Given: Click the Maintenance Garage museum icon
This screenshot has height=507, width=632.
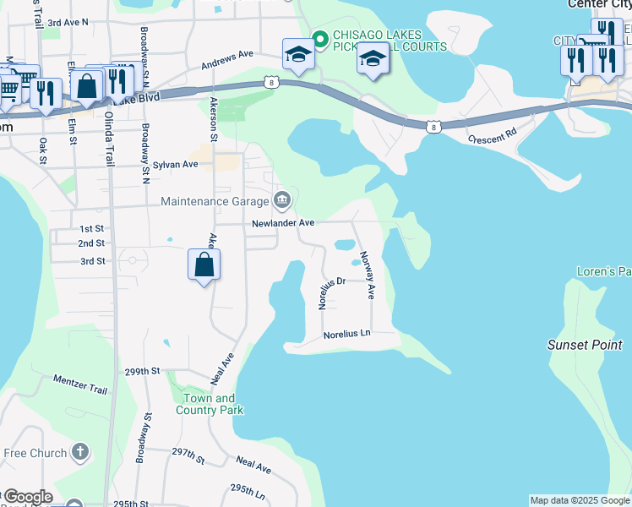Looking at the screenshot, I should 282,201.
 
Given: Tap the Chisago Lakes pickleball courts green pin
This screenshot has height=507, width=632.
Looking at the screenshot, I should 319,37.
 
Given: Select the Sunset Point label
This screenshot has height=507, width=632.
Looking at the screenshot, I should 584,345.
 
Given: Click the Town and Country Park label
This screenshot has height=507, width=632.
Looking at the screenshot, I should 210,404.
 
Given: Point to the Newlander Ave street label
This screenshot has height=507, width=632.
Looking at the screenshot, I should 283,222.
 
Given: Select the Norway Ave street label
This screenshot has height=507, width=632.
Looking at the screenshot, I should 368,275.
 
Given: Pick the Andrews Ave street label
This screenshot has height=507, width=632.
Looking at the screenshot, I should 227,60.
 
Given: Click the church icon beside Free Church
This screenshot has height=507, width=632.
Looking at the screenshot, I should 80,453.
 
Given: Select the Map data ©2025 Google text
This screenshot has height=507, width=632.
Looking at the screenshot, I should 579,500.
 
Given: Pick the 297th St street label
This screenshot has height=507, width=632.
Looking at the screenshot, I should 188,456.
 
